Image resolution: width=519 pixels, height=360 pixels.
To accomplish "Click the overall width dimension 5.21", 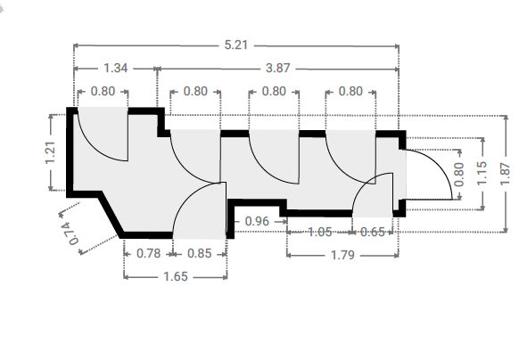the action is (x=236, y=45).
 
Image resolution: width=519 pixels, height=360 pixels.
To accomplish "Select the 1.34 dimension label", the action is (x=116, y=68).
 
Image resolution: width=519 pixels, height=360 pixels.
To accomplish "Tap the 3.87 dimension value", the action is (x=278, y=68).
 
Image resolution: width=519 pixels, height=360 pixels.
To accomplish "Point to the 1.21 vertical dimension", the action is (x=50, y=152).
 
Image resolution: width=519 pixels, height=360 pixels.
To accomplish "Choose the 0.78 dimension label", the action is (x=149, y=253).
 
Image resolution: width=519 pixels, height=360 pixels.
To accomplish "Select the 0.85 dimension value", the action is (x=199, y=253).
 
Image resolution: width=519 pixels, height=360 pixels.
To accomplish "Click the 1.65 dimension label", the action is (x=176, y=276).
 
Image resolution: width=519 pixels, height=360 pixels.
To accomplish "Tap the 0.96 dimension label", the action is (x=257, y=221).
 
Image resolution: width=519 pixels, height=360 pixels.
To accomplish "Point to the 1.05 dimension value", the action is (x=320, y=232).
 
